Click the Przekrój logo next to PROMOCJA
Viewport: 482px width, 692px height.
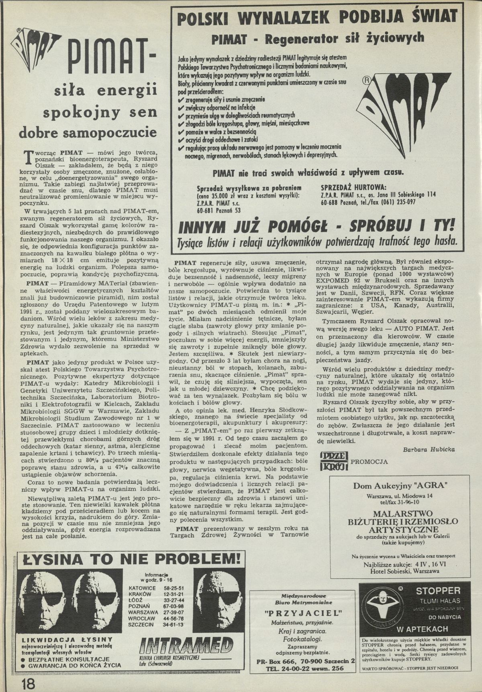[334, 461]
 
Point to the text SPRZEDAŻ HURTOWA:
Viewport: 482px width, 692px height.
[353, 188]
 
